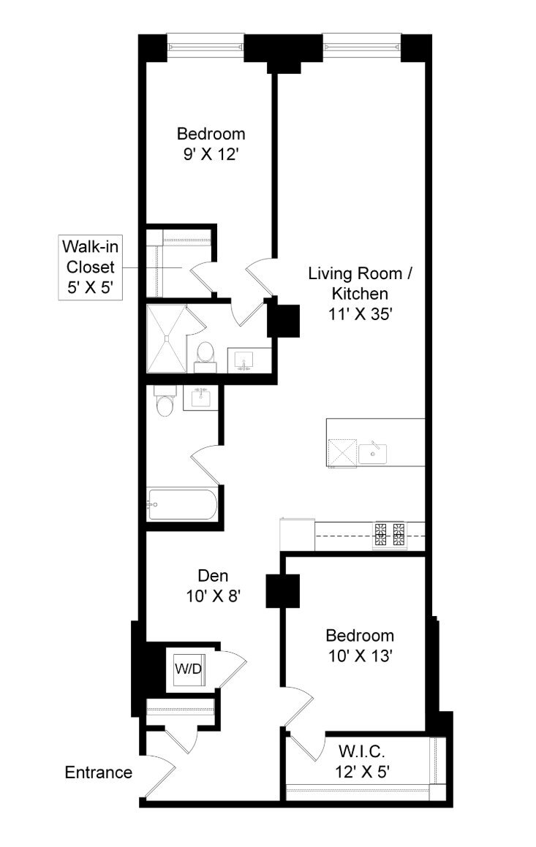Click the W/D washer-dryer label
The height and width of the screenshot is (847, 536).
click(x=187, y=669)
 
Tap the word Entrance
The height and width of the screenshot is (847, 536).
click(x=98, y=772)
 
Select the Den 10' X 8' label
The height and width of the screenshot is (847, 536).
click(x=212, y=585)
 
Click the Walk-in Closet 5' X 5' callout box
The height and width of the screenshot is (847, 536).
click(x=90, y=267)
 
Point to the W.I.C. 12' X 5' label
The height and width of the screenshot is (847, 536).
click(x=362, y=761)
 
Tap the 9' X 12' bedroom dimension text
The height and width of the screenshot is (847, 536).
click(x=211, y=155)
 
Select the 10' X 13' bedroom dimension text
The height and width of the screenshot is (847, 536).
click(x=360, y=656)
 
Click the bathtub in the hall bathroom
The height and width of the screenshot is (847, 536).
click(x=182, y=504)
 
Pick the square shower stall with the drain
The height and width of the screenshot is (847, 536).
click(x=167, y=338)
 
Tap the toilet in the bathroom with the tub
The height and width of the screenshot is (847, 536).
click(x=164, y=400)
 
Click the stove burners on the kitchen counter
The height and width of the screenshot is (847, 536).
click(x=390, y=535)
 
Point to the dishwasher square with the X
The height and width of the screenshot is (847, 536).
click(x=342, y=453)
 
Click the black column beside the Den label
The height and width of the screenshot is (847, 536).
click(x=282, y=591)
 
